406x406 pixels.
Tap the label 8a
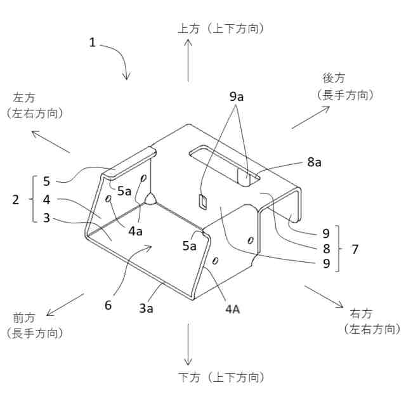pyautogui.click(x=314, y=162)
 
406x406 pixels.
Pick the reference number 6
pyautogui.click(x=108, y=304)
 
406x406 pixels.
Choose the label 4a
pyautogui.click(x=136, y=232)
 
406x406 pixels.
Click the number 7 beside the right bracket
pyautogui.click(x=355, y=249)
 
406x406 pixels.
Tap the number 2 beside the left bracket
pyautogui.click(x=16, y=199)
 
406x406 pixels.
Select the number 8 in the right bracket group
pyautogui.click(x=326, y=249)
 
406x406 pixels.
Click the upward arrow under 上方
pyautogui.click(x=188, y=60)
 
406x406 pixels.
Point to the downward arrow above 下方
pyautogui.click(x=188, y=343)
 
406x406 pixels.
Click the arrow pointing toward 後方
pyautogui.click(x=311, y=117)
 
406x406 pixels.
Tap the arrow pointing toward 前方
pyautogui.click(x=65, y=304)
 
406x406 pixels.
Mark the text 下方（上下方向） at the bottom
pyautogui.click(x=219, y=377)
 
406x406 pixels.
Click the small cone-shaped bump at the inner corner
pyautogui.click(x=152, y=199)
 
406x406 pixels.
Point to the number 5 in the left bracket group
pyautogui.click(x=46, y=181)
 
